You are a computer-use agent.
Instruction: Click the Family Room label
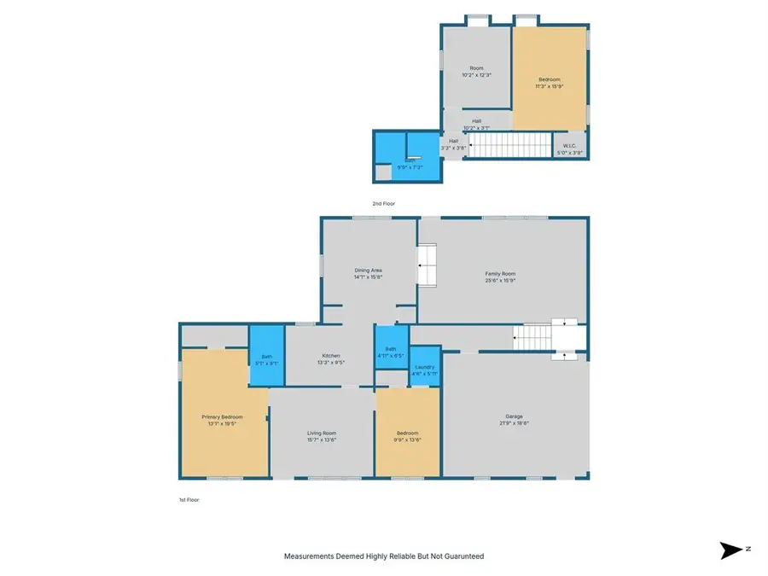[501, 276]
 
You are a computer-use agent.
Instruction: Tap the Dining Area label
[369, 274]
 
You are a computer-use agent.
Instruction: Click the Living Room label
[322, 437]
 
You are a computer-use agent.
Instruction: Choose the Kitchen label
[331, 358]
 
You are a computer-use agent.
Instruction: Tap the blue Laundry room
[424, 369]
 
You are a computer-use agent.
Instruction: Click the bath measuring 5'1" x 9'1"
[266, 359]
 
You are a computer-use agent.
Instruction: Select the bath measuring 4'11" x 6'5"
[391, 351]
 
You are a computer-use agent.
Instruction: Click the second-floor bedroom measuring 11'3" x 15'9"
[549, 81]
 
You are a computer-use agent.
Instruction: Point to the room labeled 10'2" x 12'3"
[475, 72]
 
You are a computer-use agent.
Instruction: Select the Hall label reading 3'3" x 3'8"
[453, 144]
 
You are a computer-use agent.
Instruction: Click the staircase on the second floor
[509, 145]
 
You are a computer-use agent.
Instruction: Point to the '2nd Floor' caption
[383, 204]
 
